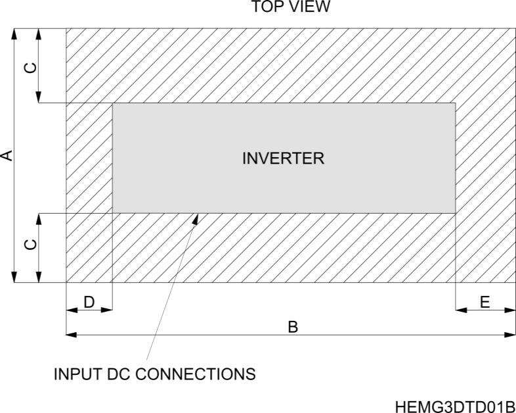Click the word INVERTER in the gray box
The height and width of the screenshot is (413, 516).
pyautogui.click(x=284, y=158)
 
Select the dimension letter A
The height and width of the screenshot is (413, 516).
pyautogui.click(x=7, y=155)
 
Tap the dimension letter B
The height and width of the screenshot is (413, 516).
pyautogui.click(x=293, y=326)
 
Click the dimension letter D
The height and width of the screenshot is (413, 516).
pyautogui.click(x=89, y=302)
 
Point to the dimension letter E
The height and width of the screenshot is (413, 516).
pyautogui.click(x=485, y=302)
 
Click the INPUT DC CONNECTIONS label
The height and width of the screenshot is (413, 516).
pyautogui.click(x=154, y=375)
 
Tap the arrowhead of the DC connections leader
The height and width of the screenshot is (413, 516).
pyautogui.click(x=195, y=218)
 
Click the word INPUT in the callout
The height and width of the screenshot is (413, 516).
pyautogui.click(x=75, y=375)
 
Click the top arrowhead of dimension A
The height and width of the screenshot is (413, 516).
pyautogui.click(x=14, y=33)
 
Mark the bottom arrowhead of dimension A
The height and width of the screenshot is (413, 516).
pyautogui.click(x=14, y=278)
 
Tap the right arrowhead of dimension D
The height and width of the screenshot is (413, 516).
pyautogui.click(x=108, y=309)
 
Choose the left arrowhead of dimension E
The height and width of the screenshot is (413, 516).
pyautogui.click(x=460, y=309)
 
